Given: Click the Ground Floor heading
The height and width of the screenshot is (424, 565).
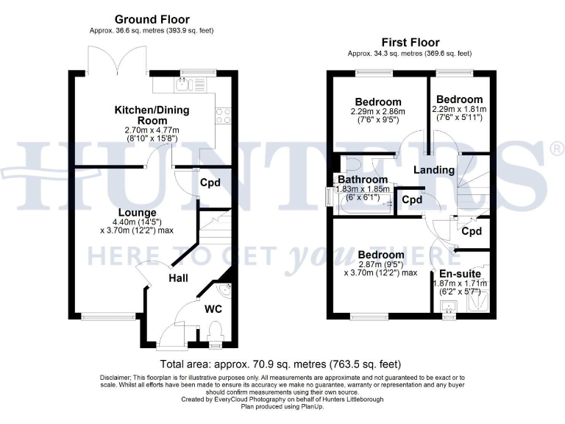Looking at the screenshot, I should click(152, 20).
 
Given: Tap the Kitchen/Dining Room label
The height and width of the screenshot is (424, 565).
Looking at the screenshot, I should click(152, 115).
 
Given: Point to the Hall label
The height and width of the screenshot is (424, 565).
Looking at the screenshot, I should click(177, 278).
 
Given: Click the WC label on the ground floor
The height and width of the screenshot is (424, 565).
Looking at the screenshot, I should click(213, 308).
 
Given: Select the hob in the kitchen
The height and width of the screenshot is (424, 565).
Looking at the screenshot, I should click(221, 116).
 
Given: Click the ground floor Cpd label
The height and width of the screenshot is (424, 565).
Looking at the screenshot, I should click(210, 183).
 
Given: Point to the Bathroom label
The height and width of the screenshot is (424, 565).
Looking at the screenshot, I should click(363, 180).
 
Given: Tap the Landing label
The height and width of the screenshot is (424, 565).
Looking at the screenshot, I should click(434, 171).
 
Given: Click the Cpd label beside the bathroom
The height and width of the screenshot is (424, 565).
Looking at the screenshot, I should click(412, 200).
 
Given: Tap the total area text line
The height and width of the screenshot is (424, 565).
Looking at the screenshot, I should click(282, 364).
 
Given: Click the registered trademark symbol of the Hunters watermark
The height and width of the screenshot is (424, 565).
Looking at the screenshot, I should click(557, 149).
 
